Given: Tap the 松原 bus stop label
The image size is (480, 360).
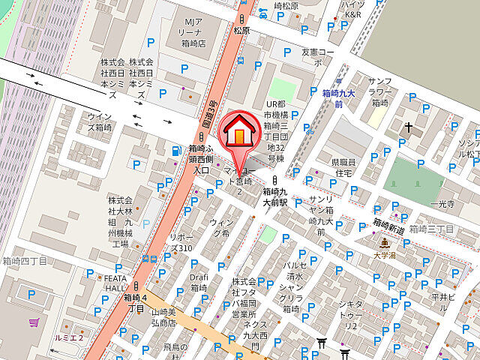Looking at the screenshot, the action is click(x=241, y=31).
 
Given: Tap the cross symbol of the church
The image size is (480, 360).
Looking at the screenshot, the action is click(x=409, y=127).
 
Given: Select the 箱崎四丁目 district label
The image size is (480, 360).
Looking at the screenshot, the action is click(x=25, y=261).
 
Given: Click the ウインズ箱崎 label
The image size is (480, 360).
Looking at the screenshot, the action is click(x=97, y=121).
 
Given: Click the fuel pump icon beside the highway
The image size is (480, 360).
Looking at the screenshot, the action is click(x=175, y=150).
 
